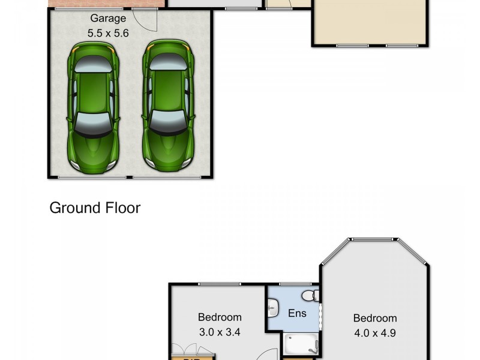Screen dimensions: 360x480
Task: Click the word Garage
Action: pos(108,19)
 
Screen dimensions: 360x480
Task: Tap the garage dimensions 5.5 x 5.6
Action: pos(108,34)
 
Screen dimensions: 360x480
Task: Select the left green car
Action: pos(92,107)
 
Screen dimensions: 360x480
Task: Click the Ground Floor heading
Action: pos(95,208)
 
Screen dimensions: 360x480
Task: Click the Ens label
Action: pos(297,313)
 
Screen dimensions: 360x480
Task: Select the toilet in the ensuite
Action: pos(310,295)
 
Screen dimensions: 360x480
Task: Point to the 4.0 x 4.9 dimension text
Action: pos(374,332)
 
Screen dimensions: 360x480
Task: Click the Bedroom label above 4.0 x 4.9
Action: pos(374,318)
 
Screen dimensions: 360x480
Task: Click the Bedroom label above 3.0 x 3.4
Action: pos(220,317)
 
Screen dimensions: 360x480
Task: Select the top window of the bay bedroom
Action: pos(373,240)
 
